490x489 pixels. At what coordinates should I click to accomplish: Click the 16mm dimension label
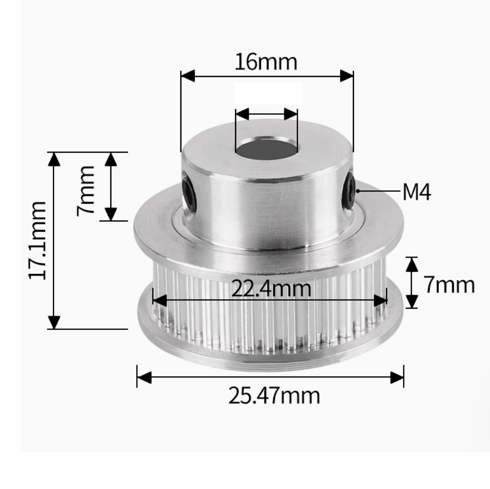coord(266,62)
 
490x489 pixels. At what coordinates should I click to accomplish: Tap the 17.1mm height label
coord(37,241)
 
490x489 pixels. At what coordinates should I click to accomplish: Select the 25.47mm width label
coord(274,396)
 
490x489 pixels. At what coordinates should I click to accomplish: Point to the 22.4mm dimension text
coord(271,288)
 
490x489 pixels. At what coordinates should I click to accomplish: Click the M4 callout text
coord(417,192)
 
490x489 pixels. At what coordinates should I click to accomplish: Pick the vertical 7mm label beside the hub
coord(85,191)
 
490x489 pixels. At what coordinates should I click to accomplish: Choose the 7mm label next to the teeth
coord(449,285)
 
